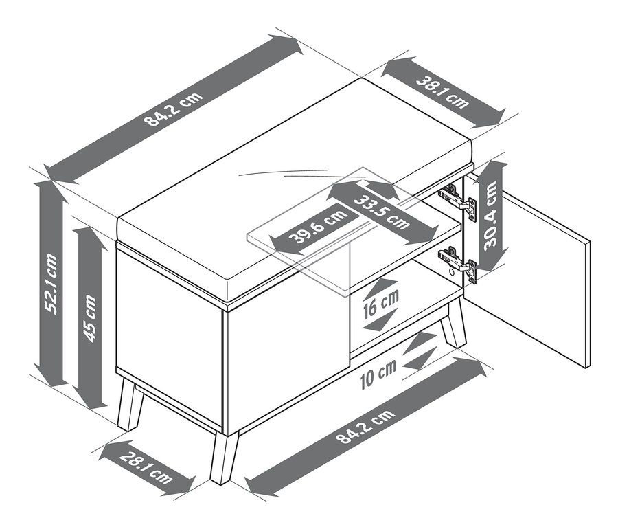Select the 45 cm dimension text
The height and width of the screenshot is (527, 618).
(90, 318)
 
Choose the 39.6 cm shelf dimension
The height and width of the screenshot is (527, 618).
(318, 227)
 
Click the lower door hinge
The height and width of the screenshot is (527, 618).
(459, 263)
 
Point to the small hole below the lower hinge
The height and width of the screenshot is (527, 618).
(451, 272)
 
